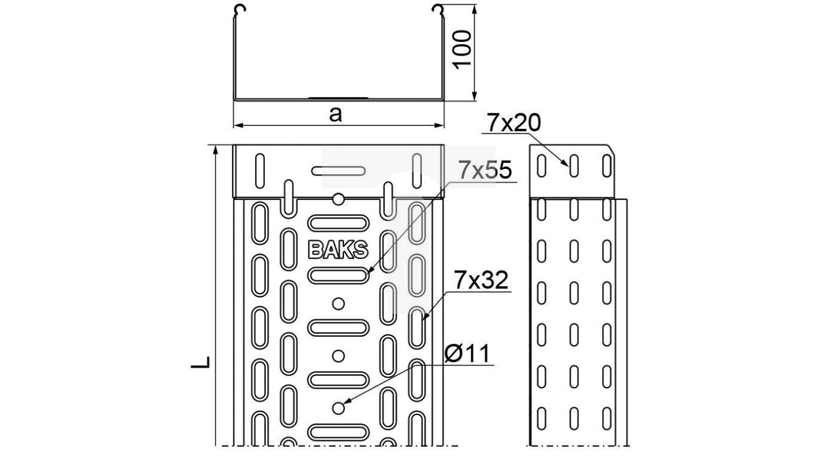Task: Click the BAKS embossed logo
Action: pos(338,249)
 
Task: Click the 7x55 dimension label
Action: pos(485,171)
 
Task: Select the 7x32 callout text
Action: pos(481,280)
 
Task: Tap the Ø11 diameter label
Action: pos(467,355)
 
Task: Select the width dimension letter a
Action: pos(336,114)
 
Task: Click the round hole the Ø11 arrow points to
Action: pos(339,408)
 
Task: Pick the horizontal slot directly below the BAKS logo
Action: pos(338,276)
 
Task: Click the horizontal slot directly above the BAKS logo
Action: pos(338,222)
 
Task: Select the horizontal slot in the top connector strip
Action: pos(338,171)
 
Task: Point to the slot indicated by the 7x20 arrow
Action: pos(573,166)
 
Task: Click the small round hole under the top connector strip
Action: pos(339,199)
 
